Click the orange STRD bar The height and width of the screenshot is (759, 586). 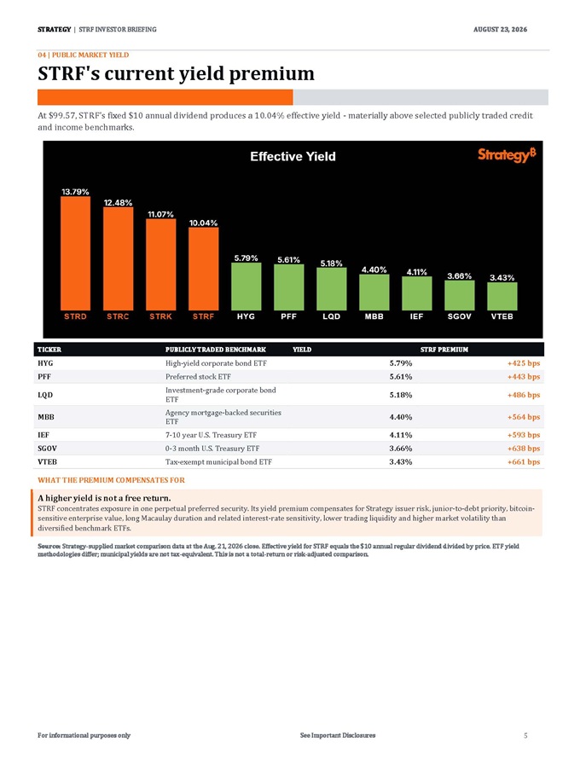75,253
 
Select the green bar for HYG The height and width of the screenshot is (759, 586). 246,287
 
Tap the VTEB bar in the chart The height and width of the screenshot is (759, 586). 502,296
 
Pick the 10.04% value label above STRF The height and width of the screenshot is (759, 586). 203,223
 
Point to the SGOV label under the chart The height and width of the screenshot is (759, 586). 459,316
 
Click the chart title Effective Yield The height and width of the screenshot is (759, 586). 293,156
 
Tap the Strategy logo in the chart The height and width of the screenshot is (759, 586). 507,154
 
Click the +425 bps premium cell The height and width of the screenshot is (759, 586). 524,363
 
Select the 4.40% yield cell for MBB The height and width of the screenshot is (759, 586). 401,417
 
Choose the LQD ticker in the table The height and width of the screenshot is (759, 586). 45,395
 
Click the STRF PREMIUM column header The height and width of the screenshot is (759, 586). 444,350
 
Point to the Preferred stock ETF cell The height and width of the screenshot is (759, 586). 198,377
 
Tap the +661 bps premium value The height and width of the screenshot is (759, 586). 524,461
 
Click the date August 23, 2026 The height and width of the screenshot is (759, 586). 501,30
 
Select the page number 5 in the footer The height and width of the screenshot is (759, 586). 525,735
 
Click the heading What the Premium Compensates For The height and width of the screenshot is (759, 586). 112,480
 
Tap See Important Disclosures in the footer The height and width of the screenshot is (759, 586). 338,735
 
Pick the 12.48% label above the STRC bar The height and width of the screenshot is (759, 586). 119,203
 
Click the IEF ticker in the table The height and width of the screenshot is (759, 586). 44,435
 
